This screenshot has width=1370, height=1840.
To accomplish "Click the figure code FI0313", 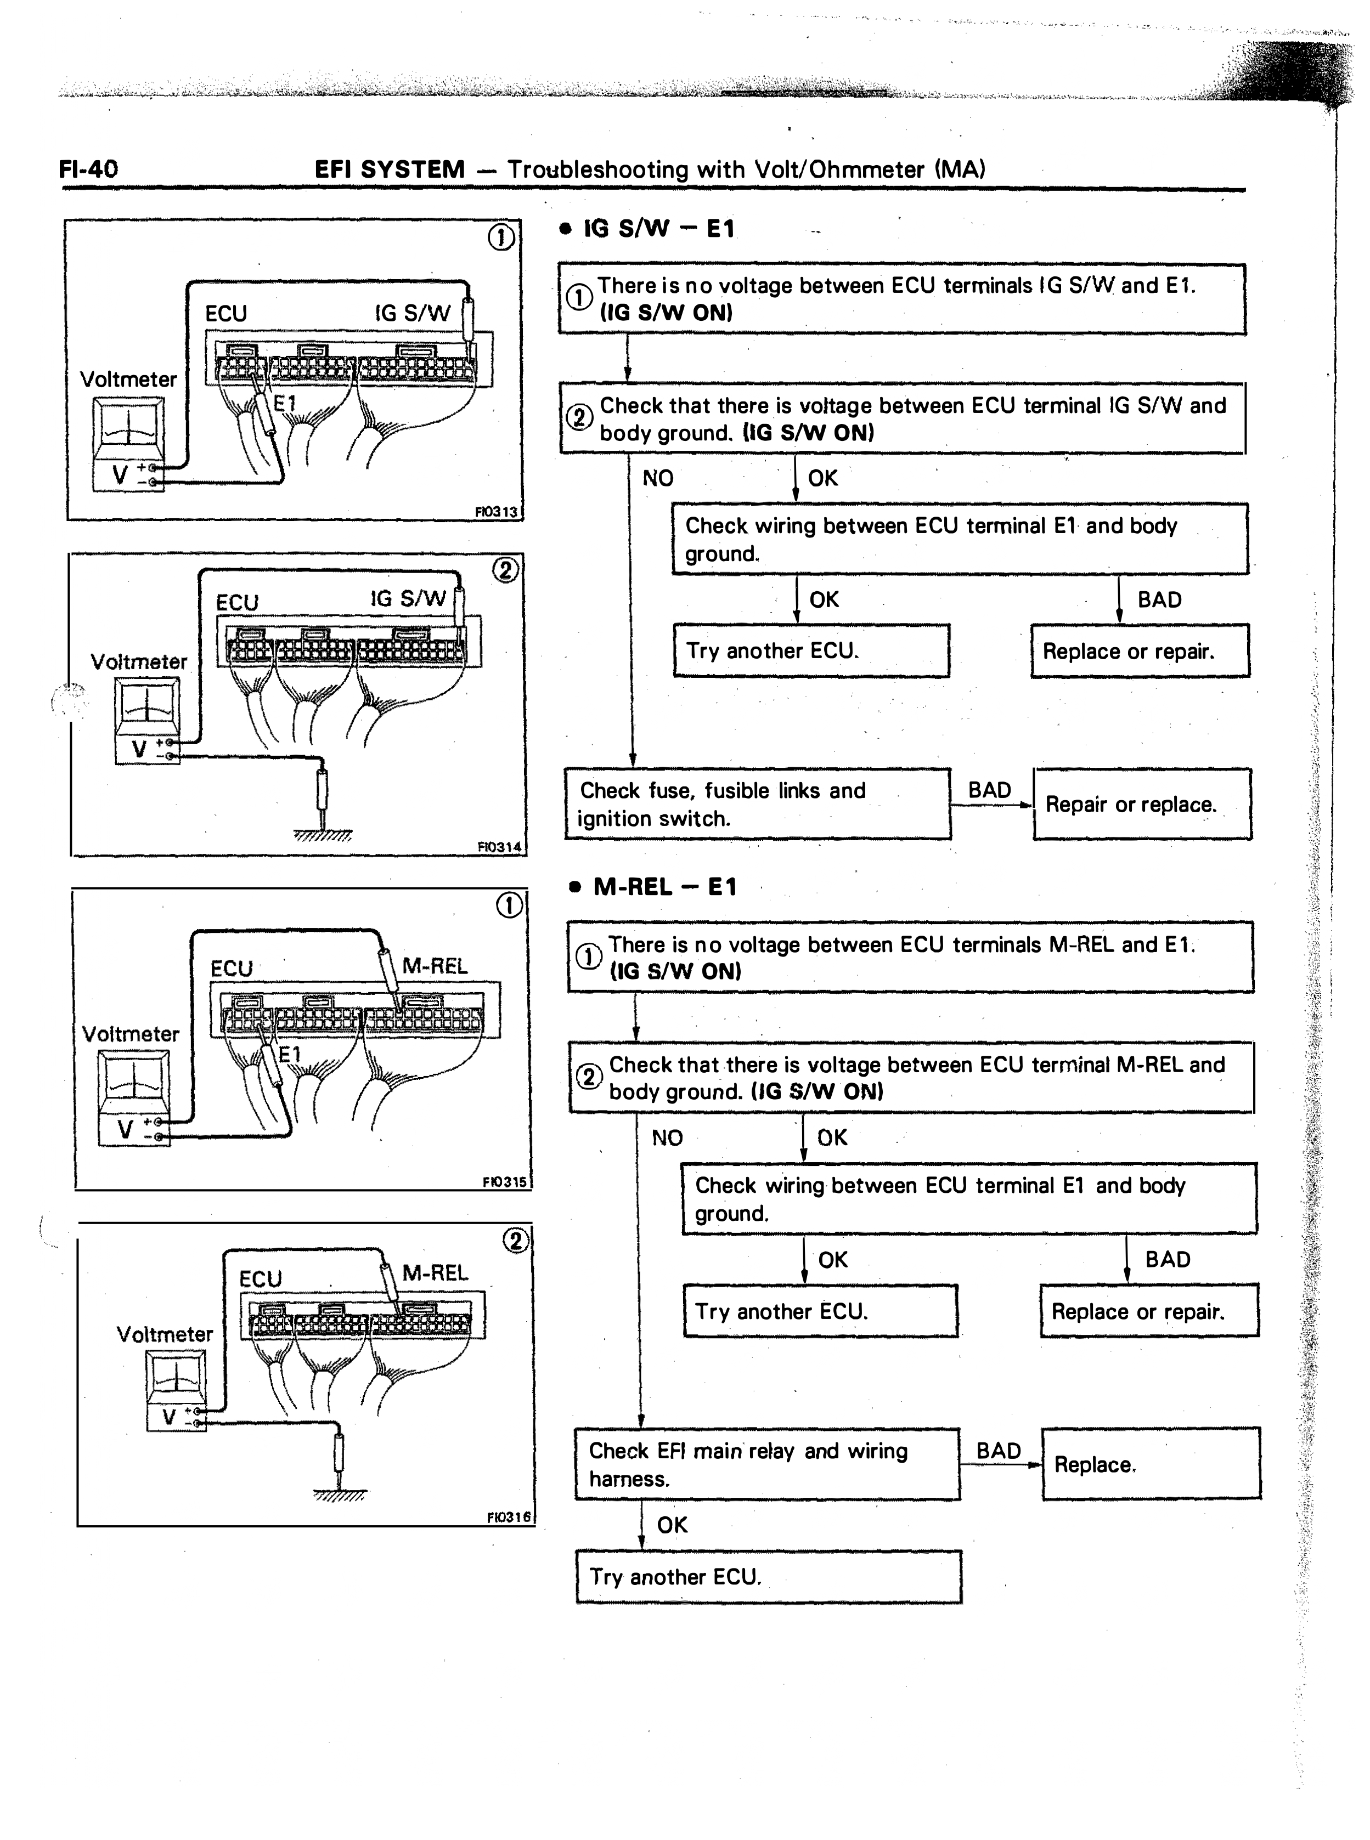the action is point(496,511).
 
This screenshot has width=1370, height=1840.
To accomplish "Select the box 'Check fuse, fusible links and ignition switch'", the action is point(758,804).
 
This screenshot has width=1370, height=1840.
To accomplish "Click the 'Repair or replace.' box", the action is point(1142,804).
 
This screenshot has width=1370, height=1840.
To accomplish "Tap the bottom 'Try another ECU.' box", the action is point(769,1576).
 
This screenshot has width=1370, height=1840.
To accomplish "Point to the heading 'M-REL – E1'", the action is point(664,887).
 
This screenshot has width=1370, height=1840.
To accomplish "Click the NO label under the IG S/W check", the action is point(658,478).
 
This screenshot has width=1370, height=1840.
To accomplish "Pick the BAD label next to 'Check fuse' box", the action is point(989,790).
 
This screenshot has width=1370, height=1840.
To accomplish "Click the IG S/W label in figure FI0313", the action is point(412,313).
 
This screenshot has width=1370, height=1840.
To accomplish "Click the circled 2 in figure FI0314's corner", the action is point(505,570).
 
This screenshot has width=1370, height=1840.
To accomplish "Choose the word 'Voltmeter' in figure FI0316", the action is point(165,1334).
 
